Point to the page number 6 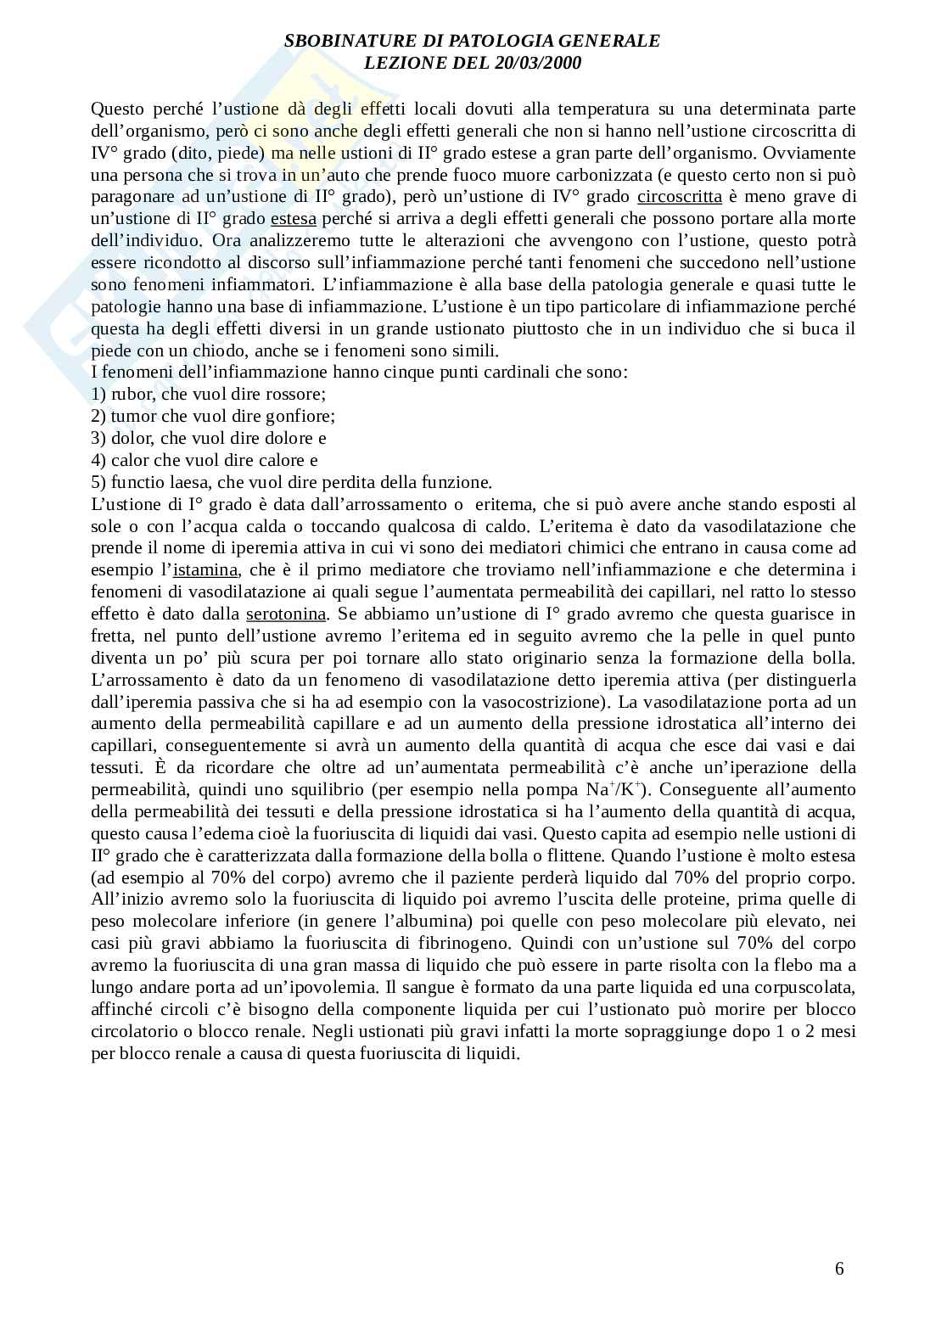coord(839,1269)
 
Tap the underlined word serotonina coord(286,614)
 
